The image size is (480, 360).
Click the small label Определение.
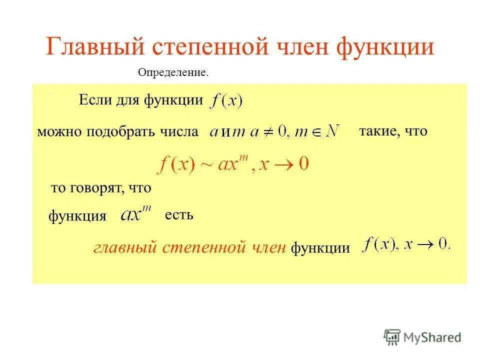pyautogui.click(x=172, y=73)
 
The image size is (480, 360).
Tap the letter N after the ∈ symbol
pyautogui.click(x=331, y=131)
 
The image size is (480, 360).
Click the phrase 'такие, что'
pyautogui.click(x=393, y=131)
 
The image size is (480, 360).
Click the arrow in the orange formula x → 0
pyautogui.click(x=283, y=165)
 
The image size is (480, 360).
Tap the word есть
pyautogui.click(x=178, y=215)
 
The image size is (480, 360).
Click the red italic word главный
pyautogui.click(x=125, y=247)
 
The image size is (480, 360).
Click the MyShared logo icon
pyautogui.click(x=392, y=337)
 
